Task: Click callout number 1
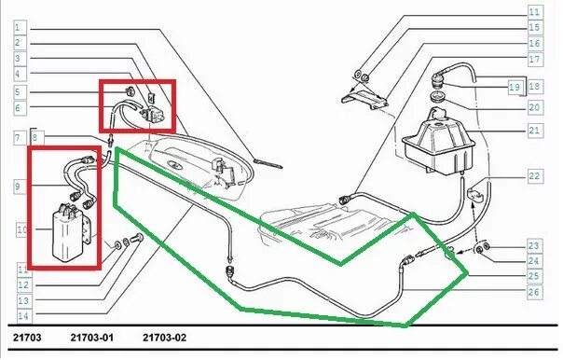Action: tap(18, 27)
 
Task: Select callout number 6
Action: tap(18, 107)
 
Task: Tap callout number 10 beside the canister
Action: tap(21, 229)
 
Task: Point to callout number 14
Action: tap(23, 316)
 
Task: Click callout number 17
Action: tap(534, 59)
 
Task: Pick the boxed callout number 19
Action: tap(515, 87)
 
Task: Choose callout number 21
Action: tap(534, 130)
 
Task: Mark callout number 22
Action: tap(534, 176)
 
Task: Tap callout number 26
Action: tap(533, 291)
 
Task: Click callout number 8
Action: tap(34, 138)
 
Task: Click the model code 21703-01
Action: tap(92, 338)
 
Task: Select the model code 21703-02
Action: tap(164, 338)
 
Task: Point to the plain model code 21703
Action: tap(27, 338)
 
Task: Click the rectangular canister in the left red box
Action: tap(71, 230)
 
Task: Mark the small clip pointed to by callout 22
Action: tap(475, 194)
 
